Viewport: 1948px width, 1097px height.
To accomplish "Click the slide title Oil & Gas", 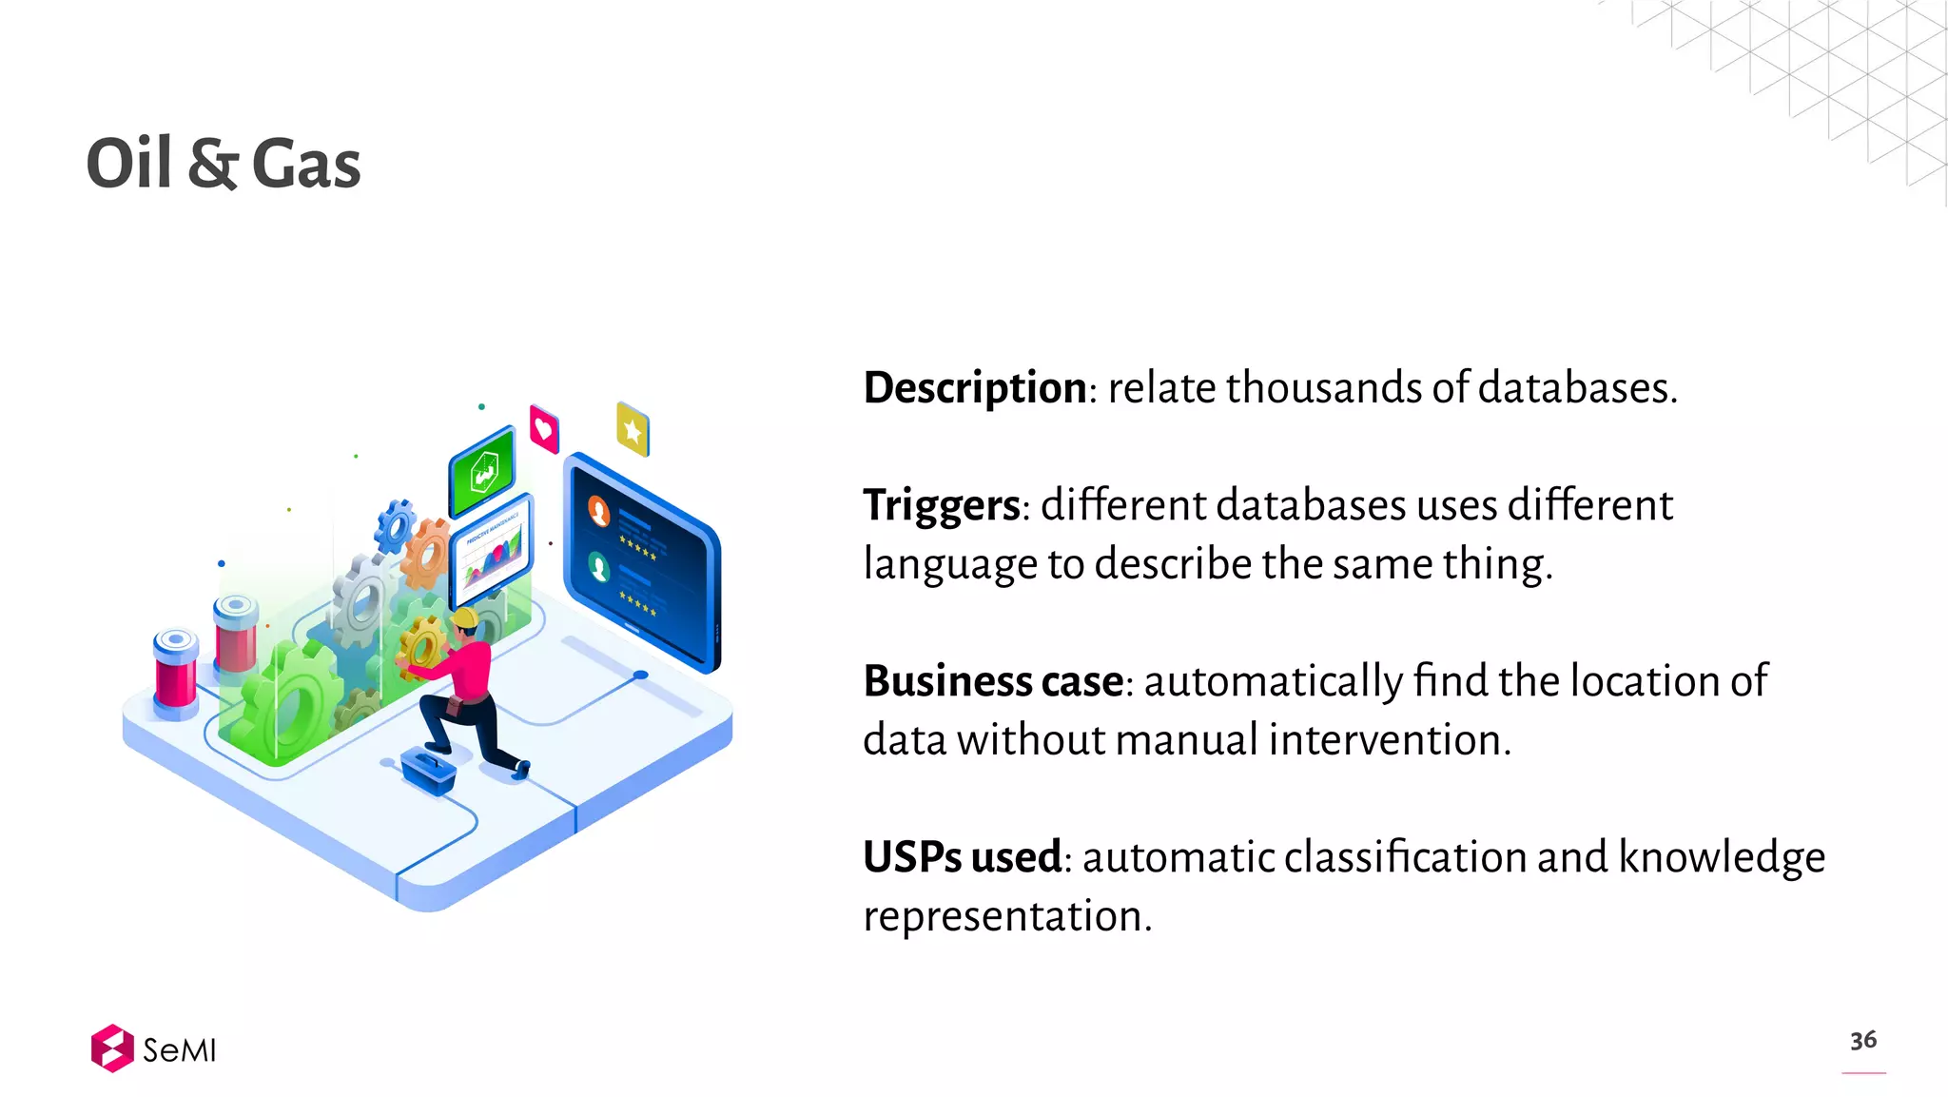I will [x=224, y=164].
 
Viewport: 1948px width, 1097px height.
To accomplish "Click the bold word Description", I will [x=975, y=388].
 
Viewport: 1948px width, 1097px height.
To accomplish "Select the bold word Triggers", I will [x=941, y=505].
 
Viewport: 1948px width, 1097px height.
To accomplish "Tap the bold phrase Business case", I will [x=993, y=681].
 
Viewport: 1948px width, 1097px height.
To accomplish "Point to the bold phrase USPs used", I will [x=962, y=857].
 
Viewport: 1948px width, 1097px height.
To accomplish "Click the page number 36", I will [x=1862, y=1040].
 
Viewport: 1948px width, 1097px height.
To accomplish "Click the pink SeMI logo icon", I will [x=112, y=1048].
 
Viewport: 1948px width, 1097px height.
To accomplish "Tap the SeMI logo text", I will [x=179, y=1050].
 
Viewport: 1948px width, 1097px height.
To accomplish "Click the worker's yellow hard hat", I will [x=465, y=618].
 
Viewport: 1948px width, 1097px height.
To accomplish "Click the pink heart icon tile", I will [x=544, y=428].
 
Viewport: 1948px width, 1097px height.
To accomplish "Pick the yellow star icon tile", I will [x=633, y=430].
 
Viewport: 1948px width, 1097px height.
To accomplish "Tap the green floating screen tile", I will [x=483, y=472].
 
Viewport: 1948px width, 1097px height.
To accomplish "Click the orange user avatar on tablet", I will [x=599, y=511].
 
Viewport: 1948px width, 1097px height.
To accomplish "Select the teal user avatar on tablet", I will [x=598, y=567].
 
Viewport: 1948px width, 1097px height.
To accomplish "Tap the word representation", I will [x=1007, y=916].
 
